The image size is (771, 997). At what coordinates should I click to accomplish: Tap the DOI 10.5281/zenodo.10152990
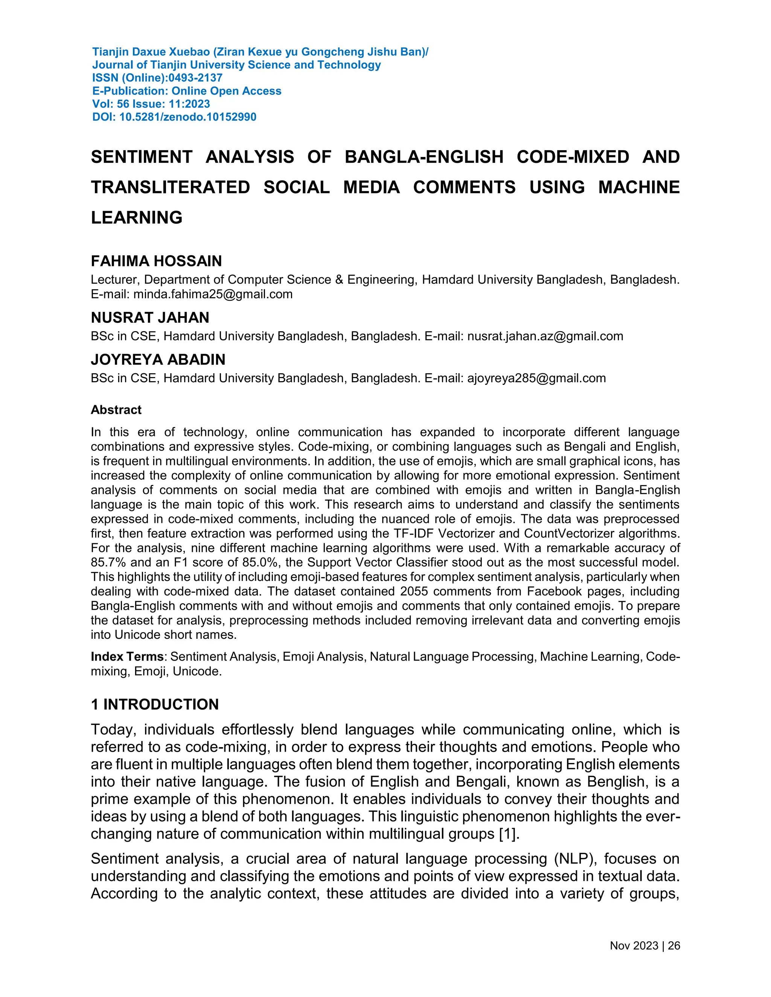(x=188, y=117)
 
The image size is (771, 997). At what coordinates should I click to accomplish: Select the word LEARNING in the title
(x=137, y=217)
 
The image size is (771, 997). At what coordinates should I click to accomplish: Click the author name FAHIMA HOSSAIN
(x=156, y=261)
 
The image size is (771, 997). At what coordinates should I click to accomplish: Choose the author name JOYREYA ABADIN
(x=158, y=359)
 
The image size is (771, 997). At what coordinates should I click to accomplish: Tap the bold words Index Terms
(x=127, y=657)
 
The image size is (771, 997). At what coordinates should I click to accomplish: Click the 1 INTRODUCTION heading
(x=155, y=704)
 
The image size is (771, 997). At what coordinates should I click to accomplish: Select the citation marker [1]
(x=508, y=834)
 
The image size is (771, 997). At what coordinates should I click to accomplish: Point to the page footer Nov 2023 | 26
(x=645, y=945)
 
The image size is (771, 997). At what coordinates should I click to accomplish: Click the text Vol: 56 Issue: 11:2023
(x=151, y=104)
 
